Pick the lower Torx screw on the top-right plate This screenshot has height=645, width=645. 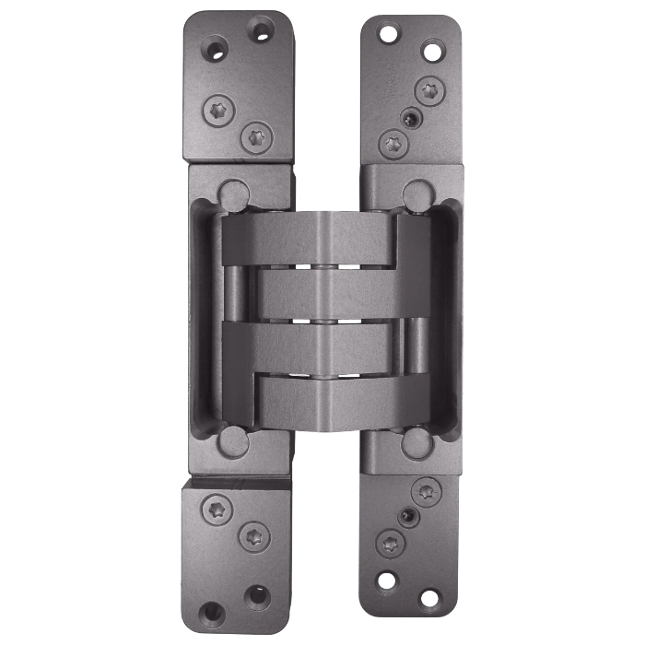pos(393,144)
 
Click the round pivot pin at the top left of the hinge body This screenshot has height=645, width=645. pos(232,194)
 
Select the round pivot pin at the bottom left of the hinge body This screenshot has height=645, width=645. pos(232,441)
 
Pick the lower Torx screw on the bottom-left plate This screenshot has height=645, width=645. pos(253,535)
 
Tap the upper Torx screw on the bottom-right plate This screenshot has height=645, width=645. pos(426,490)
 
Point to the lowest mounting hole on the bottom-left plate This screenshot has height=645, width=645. pos(215,610)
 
